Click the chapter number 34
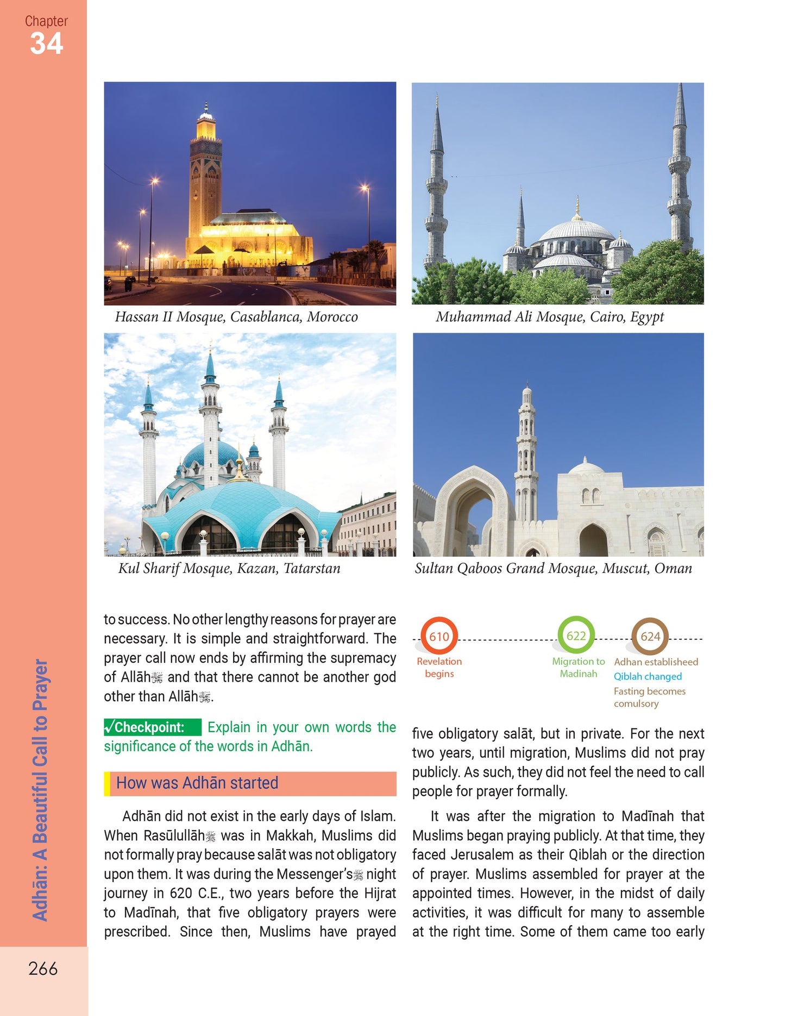[46, 44]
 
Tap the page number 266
[43, 969]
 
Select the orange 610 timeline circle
[439, 636]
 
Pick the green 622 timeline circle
[576, 635]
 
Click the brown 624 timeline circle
[650, 636]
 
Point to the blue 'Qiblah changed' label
[648, 676]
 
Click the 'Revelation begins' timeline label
[439, 668]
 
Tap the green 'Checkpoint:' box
[152, 727]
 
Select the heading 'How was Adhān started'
[197, 783]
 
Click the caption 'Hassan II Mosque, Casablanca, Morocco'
[236, 317]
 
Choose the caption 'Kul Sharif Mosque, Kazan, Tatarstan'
[229, 569]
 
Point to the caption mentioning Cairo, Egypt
[550, 317]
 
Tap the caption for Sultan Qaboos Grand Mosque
[553, 569]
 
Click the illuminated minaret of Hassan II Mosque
[205, 174]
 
